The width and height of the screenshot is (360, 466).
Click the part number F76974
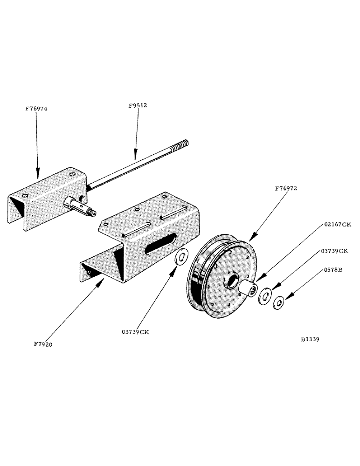coord(36,109)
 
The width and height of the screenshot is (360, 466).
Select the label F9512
coord(138,105)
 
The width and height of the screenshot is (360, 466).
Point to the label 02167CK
coord(338,224)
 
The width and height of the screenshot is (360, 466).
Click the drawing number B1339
coord(310,340)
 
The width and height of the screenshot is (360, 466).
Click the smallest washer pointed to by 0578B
coord(279,303)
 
